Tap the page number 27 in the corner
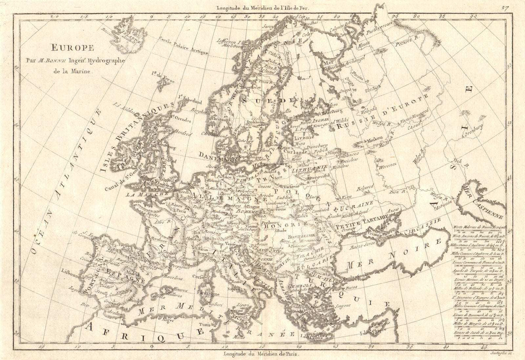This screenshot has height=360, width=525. (x=505, y=9)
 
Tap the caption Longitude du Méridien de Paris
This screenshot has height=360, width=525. (x=261, y=354)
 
